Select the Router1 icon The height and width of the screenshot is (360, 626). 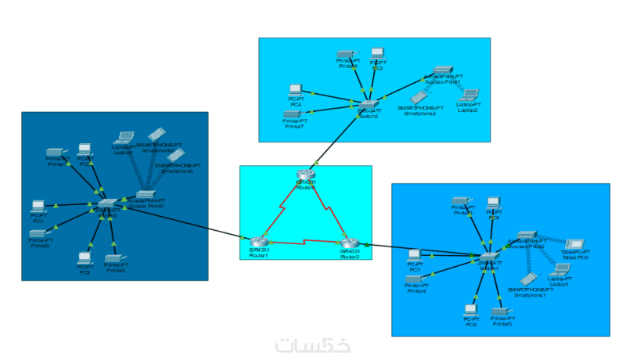tap(258, 242)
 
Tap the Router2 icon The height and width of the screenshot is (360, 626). tap(350, 243)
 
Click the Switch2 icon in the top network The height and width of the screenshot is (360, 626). tap(368, 104)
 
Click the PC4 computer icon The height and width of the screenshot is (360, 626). tap(296, 90)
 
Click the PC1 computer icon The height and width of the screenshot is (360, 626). tap(38, 207)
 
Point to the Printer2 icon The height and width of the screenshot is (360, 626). tap(114, 257)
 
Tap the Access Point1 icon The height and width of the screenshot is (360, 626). tap(443, 71)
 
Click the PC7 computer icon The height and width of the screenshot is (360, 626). tap(415, 254)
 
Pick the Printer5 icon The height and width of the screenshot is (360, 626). tap(502, 311)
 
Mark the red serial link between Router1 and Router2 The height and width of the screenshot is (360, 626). tap(305, 240)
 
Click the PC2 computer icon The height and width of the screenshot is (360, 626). tap(84, 257)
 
